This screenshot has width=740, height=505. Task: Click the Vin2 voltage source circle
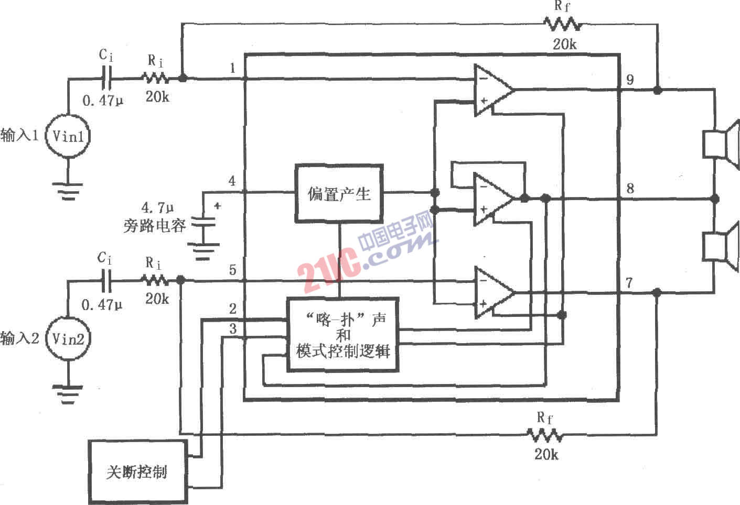[68, 339]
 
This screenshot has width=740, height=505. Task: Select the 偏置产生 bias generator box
[339, 193]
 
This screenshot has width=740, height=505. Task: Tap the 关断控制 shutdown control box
[138, 471]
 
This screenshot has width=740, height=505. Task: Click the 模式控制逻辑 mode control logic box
[342, 335]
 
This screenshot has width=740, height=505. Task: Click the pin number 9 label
[630, 80]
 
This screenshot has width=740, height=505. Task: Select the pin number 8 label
[630, 189]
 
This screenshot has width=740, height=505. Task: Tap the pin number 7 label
[629, 283]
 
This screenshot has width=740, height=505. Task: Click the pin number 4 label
[232, 181]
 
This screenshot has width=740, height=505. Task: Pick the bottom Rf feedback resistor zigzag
[545, 435]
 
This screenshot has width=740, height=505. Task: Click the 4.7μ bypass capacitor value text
[157, 207]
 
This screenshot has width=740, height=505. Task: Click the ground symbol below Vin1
[68, 191]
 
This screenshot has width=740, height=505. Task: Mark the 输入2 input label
[19, 338]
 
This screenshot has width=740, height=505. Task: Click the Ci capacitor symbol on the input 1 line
[106, 78]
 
